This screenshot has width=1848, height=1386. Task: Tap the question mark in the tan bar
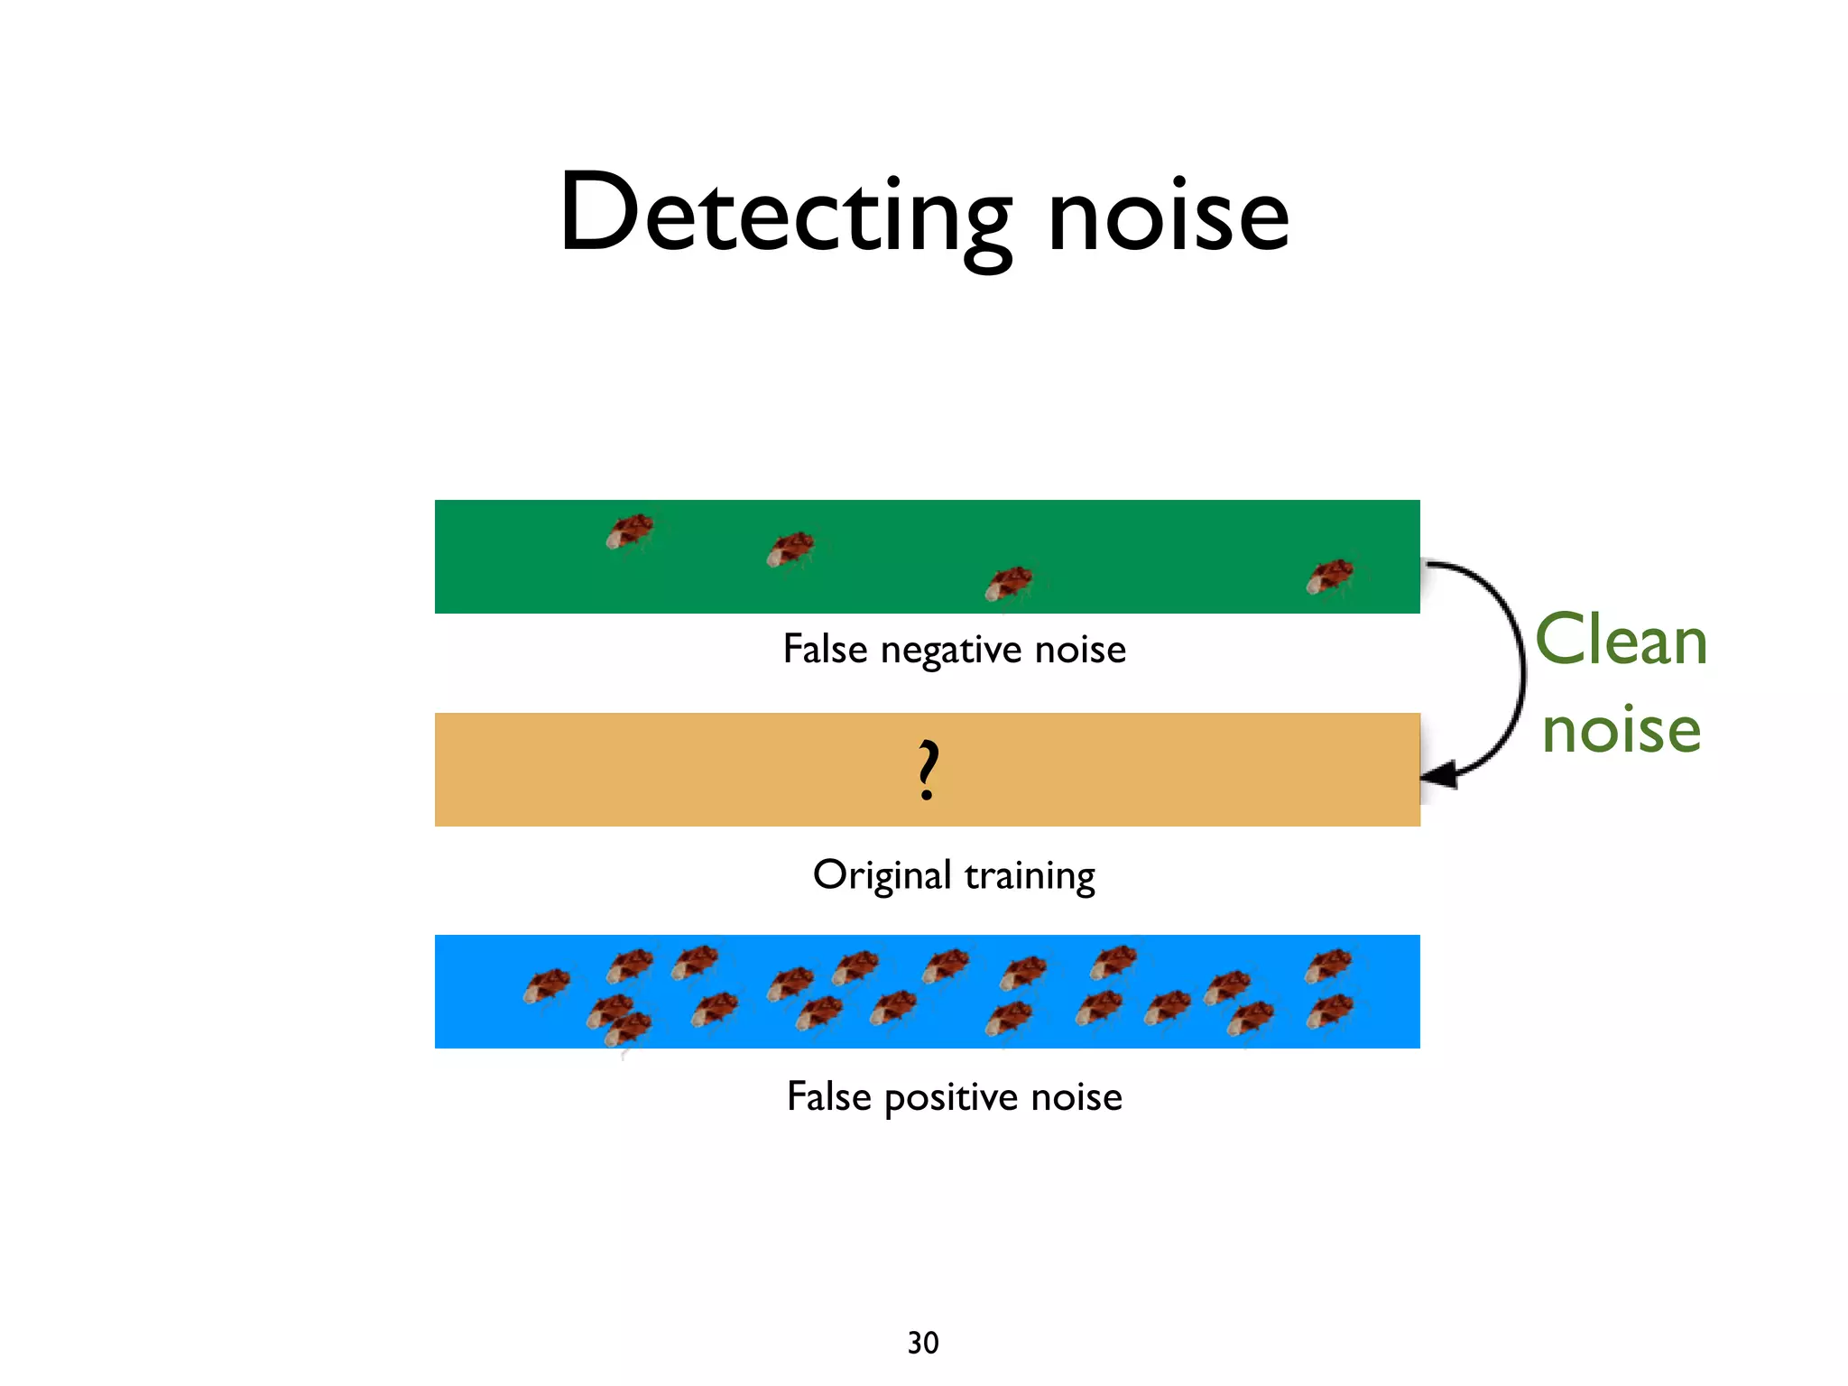tap(928, 770)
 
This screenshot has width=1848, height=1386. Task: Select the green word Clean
tap(1621, 641)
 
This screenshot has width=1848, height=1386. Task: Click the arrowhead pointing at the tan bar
tap(1440, 774)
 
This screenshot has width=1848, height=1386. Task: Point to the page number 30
tap(923, 1343)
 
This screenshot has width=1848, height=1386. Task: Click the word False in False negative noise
tap(825, 649)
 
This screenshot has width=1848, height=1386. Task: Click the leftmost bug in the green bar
tap(630, 531)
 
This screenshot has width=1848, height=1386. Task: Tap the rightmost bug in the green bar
tap(1330, 576)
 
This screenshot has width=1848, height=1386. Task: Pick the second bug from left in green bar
tap(790, 549)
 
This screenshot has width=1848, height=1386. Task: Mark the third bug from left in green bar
tap(1009, 583)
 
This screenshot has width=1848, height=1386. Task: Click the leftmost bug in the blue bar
tap(547, 984)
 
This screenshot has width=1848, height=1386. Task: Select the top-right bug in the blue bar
tap(1329, 965)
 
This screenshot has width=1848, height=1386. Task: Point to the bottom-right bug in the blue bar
tap(1330, 1011)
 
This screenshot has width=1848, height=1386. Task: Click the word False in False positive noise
tap(828, 1096)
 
